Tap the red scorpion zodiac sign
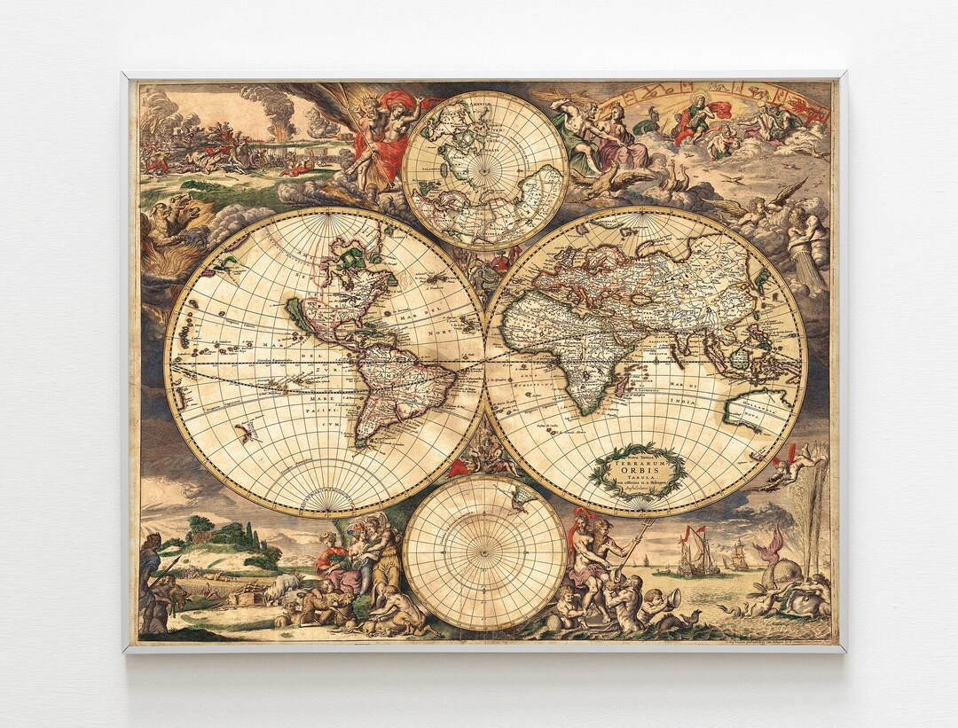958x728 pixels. (812, 106)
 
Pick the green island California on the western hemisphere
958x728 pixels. (297, 316)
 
